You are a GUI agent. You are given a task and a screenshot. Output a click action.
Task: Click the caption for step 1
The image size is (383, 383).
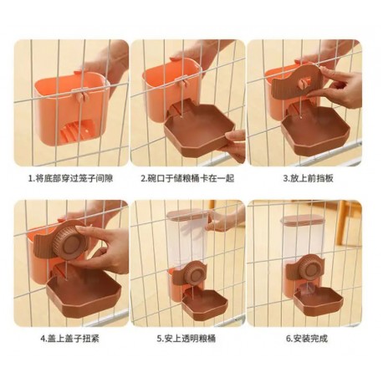coord(71,178)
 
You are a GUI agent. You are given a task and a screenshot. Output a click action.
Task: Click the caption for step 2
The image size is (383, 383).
coord(187,178)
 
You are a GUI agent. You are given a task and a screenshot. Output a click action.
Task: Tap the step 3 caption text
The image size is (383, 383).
coord(308,178)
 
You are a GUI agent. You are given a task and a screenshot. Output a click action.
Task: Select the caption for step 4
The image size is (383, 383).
coord(69,339)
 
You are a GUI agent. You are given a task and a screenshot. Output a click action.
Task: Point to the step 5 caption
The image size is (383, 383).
coord(186,339)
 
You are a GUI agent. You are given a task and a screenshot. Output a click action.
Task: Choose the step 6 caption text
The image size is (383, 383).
coord(307,339)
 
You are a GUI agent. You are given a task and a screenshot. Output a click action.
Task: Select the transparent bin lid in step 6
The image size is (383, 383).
coord(303,219)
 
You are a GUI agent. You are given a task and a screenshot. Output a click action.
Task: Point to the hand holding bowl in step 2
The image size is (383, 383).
coord(235,144)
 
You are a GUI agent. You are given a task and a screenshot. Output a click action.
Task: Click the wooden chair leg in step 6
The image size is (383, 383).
coord(340,224)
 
